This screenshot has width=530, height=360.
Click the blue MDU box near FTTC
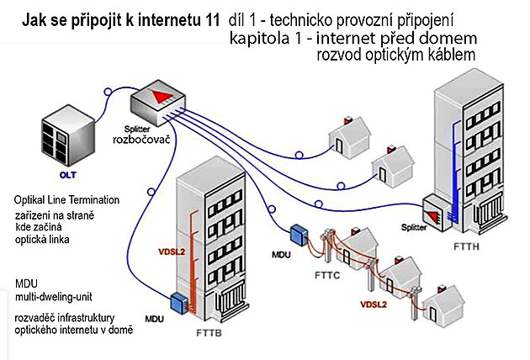298,232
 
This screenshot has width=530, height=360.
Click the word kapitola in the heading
257,39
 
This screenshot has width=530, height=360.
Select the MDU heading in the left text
27,282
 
